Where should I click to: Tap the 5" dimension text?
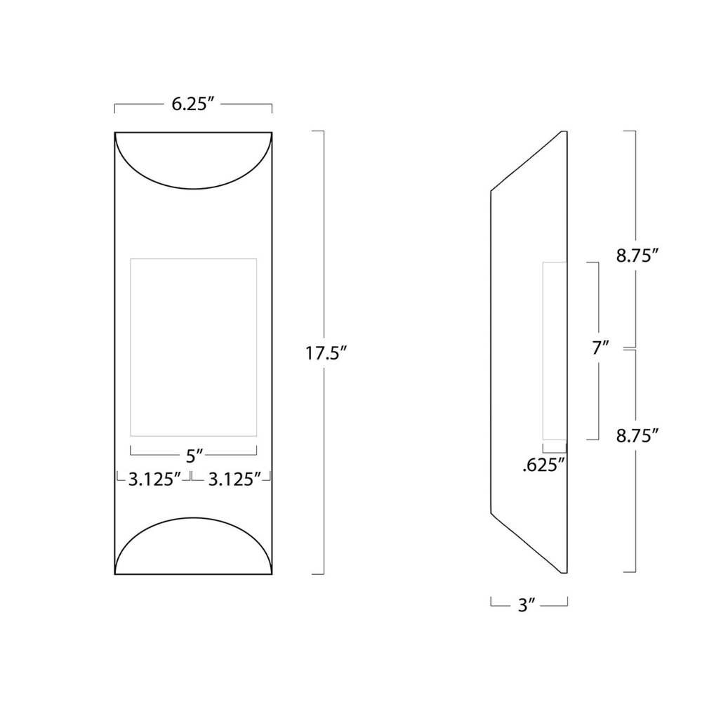[194, 456]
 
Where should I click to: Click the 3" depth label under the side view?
[526, 605]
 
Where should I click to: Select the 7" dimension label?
[600, 347]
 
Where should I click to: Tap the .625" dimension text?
[544, 465]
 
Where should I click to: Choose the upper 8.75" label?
[637, 256]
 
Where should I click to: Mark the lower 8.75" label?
[637, 435]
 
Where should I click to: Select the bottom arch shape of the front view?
[193, 548]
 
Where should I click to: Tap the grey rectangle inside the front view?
[193, 347]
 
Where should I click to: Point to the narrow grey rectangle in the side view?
[554, 351]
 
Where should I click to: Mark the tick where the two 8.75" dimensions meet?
[630, 348]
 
